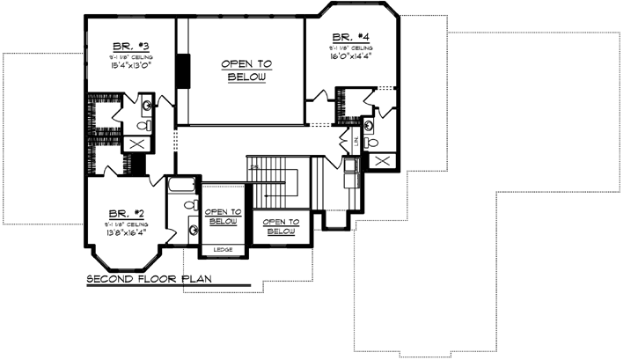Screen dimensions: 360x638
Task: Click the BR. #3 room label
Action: tap(128, 46)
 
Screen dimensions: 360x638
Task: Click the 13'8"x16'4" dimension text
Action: tap(127, 233)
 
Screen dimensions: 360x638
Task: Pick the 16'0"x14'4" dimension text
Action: tap(349, 55)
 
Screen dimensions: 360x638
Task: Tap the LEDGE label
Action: tap(224, 250)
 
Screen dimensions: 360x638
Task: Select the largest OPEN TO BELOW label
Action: tap(246, 70)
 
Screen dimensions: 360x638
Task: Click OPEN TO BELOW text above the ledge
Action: tap(224, 217)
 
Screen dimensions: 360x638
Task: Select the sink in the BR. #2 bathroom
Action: tap(192, 231)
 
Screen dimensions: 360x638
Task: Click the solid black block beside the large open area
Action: tap(184, 70)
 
